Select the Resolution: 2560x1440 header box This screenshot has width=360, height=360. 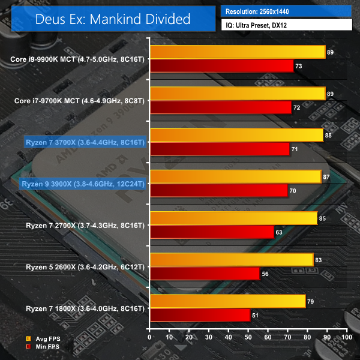287,11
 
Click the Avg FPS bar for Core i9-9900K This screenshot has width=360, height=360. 238,52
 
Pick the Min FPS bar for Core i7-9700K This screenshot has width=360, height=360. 221,107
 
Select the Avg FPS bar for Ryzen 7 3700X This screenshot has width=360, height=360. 236,135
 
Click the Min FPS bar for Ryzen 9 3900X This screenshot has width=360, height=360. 219,190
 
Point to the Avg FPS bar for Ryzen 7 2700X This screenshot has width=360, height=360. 233,218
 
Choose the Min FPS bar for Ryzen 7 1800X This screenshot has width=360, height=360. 200,315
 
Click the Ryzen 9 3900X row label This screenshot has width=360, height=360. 83,184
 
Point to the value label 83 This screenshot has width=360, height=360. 319,260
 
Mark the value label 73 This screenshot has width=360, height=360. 299,65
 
